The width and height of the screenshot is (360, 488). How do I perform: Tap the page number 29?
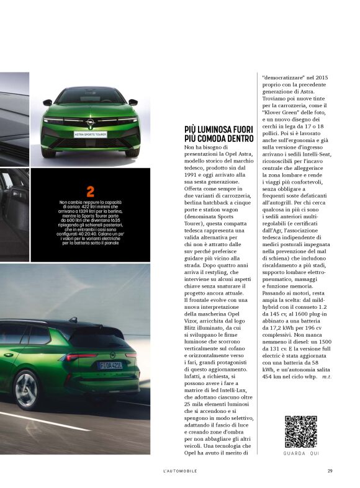point(330,471)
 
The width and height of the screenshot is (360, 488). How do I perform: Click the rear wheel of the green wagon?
point(25,389)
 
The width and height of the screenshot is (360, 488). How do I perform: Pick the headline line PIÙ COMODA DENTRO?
point(219,138)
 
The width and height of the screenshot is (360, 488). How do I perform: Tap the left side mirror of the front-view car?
point(48,102)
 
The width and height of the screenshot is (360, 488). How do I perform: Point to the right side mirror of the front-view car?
point(133,102)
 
